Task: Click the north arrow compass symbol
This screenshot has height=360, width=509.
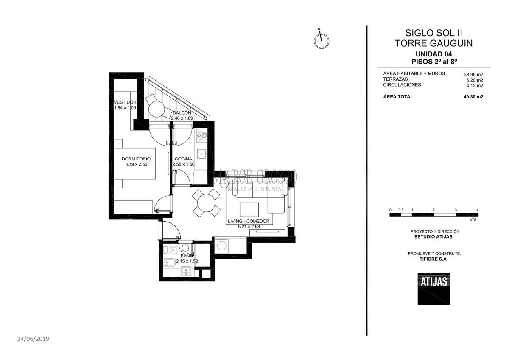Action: [x=322, y=41]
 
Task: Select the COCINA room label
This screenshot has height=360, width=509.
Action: [x=183, y=159]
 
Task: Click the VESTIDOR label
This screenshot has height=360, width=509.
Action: [x=125, y=102]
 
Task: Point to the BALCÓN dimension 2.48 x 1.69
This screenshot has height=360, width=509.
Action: [x=182, y=118]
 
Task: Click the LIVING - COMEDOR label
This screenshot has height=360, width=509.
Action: [x=249, y=221]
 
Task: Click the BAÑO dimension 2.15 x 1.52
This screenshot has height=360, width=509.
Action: [x=187, y=261]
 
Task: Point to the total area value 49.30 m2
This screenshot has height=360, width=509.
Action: [x=473, y=97]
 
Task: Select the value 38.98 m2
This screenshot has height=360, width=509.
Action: [x=473, y=74]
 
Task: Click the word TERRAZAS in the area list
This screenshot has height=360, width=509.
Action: [x=396, y=79]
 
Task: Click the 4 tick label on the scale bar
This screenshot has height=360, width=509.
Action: [x=478, y=210]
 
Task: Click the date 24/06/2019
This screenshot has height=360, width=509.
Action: [x=34, y=339]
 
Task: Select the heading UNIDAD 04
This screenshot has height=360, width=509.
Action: [x=433, y=54]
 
